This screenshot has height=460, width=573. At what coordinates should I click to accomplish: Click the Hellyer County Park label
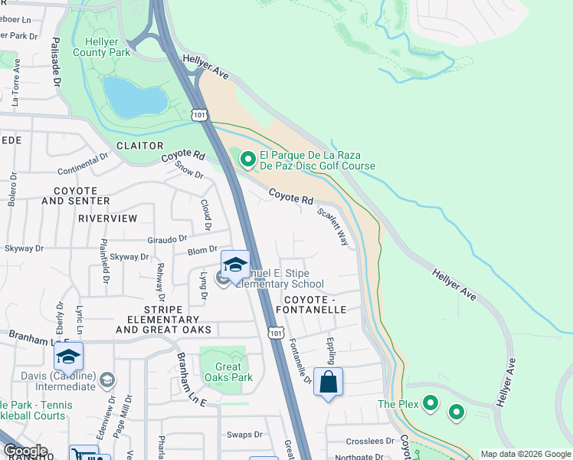(100, 48)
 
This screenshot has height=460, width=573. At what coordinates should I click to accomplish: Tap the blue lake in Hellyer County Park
(135, 97)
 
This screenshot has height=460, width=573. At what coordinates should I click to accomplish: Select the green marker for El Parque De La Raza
(247, 159)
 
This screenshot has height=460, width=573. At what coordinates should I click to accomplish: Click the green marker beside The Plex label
(431, 403)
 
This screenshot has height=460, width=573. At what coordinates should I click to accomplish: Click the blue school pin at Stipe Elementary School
(235, 265)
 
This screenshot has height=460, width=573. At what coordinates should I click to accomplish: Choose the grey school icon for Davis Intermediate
(106, 379)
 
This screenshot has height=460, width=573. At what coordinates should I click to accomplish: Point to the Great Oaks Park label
(224, 372)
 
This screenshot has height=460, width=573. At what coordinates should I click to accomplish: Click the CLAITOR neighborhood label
(139, 146)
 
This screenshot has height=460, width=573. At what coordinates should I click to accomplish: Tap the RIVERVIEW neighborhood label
(107, 219)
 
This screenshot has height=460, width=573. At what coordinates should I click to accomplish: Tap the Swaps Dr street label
(244, 435)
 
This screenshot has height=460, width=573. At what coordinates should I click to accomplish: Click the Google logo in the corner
(25, 451)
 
